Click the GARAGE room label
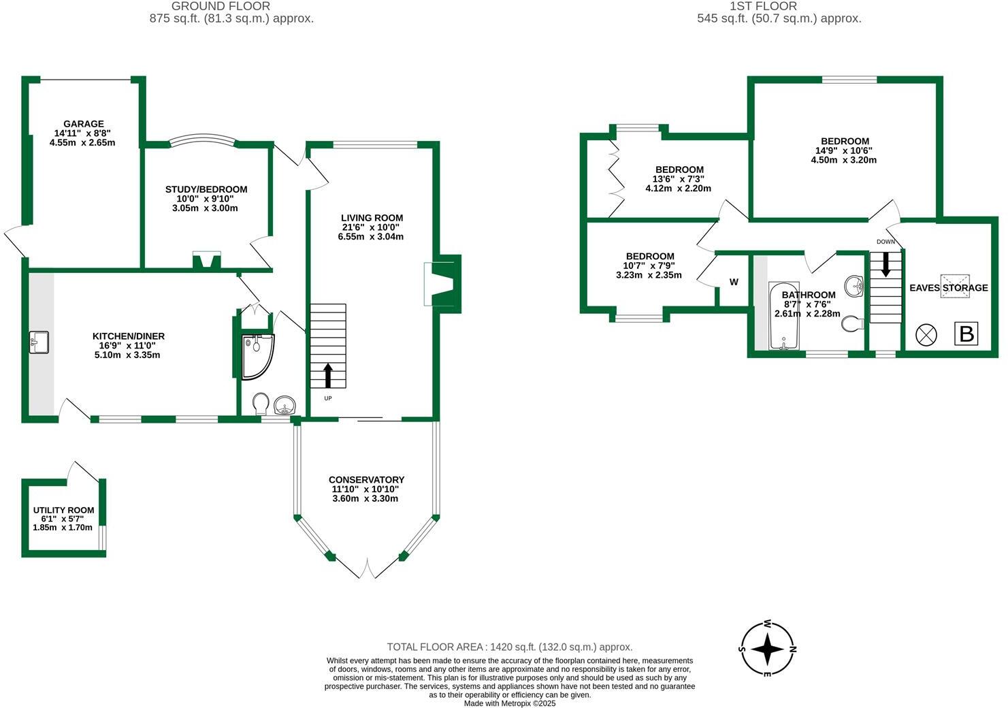[83, 124]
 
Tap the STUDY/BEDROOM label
[206, 189]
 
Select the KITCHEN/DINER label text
[129, 336]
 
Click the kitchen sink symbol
[39, 342]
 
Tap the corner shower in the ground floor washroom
[256, 354]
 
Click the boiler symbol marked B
[966, 334]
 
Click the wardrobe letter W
[734, 282]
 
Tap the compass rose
[767, 649]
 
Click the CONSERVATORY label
[366, 480]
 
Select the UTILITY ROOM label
[63, 510]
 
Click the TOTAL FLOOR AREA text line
[509, 647]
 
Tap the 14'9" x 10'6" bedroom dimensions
[844, 150]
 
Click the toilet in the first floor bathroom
[851, 325]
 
